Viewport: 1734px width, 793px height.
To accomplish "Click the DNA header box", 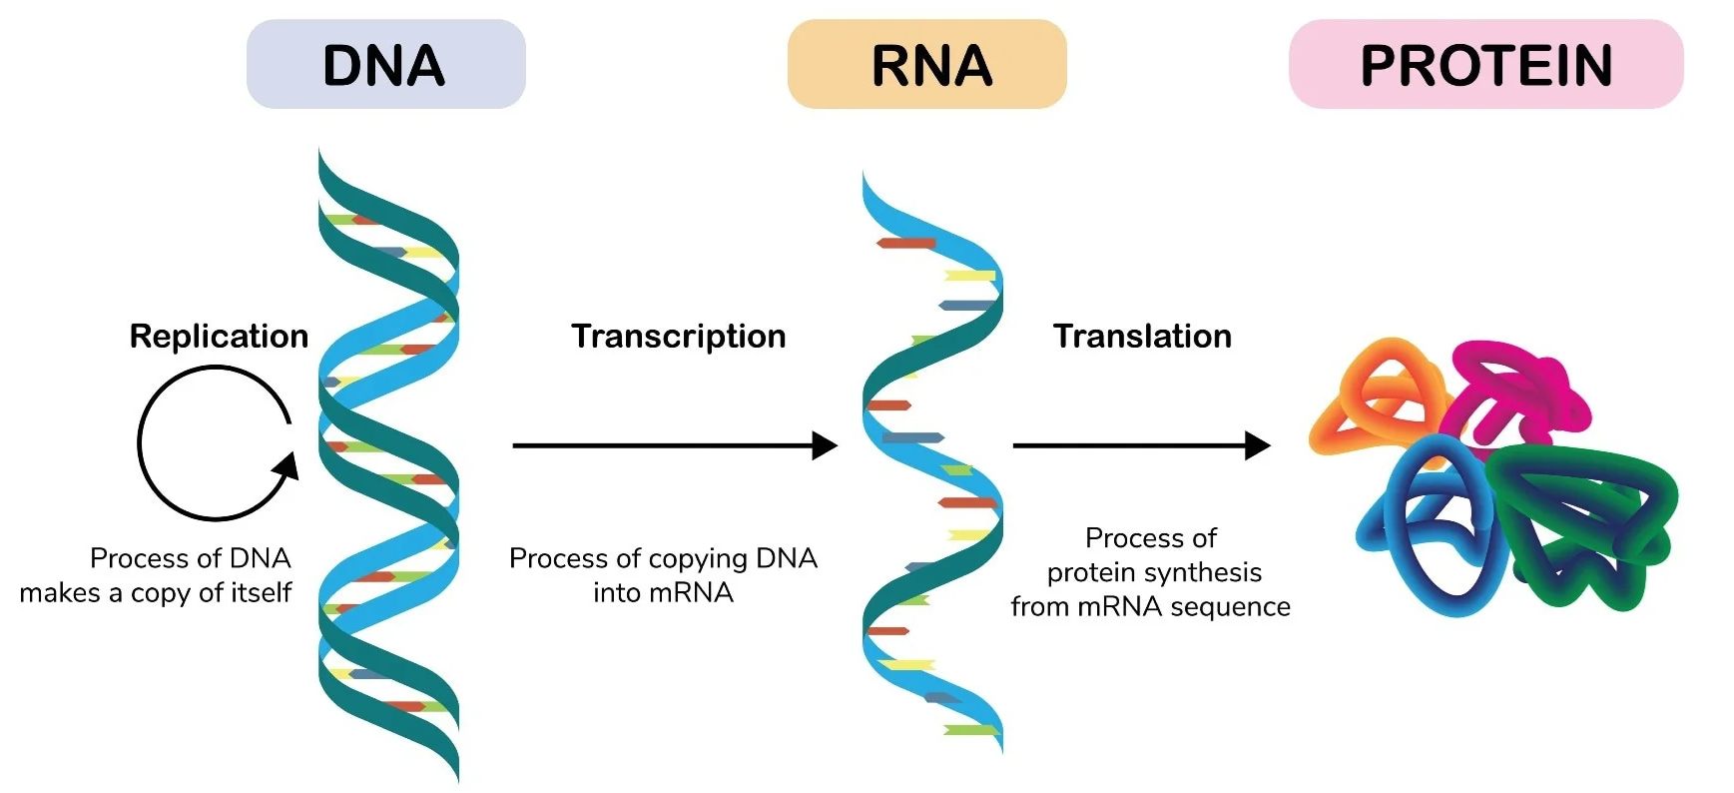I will [x=385, y=65].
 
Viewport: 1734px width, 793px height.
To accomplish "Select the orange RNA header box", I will [x=926, y=65].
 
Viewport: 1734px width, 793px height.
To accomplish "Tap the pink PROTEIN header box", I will [x=1485, y=65].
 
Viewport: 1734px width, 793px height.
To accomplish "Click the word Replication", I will [x=219, y=337].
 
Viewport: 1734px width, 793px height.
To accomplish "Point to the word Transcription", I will [x=678, y=337].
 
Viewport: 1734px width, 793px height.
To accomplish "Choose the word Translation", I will [x=1142, y=337].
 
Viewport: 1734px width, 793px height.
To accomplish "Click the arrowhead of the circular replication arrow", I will [x=288, y=466].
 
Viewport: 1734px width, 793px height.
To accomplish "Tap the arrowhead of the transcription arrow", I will [x=825, y=445].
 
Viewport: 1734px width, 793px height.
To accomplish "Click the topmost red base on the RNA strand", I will [x=906, y=243].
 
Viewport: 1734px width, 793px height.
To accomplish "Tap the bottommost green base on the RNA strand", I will [x=970, y=731].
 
